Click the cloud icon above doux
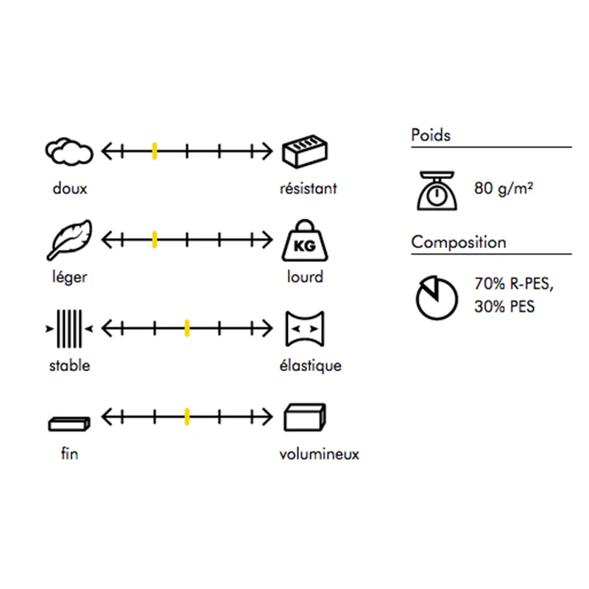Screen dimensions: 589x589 (x=69, y=152)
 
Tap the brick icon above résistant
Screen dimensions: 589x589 (x=305, y=151)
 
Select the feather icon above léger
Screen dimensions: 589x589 (x=69, y=240)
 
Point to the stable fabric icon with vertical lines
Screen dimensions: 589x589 (x=69, y=328)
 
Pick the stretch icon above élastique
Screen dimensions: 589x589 (x=305, y=328)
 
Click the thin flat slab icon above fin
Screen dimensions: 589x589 (x=69, y=424)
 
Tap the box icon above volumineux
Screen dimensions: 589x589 (x=305, y=417)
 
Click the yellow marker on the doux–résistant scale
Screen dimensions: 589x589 (x=155, y=152)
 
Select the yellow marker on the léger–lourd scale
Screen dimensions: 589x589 (x=155, y=240)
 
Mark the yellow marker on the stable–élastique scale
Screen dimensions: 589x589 (x=187, y=328)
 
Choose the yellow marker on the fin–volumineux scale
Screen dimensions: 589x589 (x=187, y=417)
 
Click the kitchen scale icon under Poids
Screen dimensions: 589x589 (x=437, y=191)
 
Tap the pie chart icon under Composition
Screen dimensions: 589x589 (x=437, y=298)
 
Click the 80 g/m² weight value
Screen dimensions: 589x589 (x=504, y=188)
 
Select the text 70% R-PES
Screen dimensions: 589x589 (x=514, y=284)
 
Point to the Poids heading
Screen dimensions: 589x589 (x=431, y=135)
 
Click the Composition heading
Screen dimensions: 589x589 (x=459, y=242)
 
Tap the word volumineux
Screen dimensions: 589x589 (x=320, y=454)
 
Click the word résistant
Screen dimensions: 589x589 (x=308, y=188)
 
